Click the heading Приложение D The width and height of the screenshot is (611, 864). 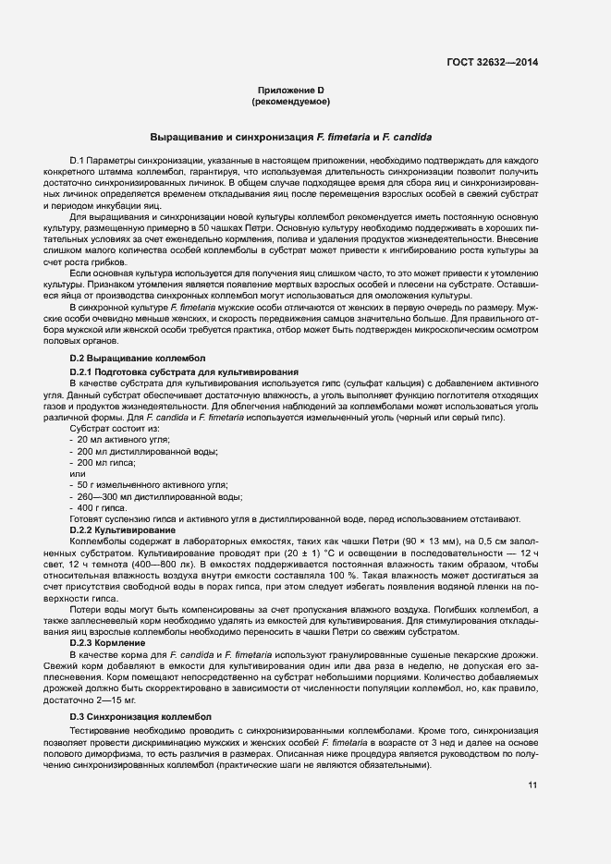(291, 90)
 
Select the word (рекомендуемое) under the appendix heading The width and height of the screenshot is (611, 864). (291, 101)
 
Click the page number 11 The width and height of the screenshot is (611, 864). (533, 785)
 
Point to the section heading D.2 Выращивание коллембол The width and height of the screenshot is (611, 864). (138, 358)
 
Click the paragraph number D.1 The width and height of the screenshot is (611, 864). (78, 161)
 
